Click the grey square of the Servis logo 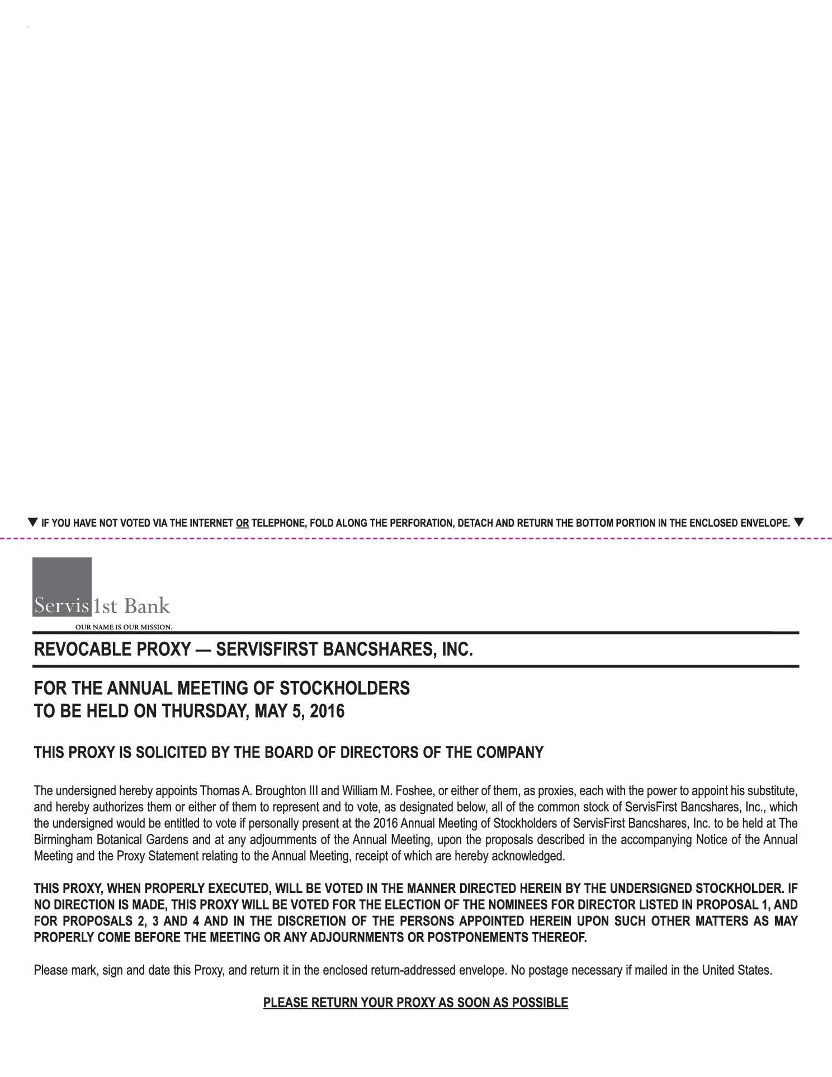click(x=62, y=579)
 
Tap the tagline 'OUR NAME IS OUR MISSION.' click(x=124, y=627)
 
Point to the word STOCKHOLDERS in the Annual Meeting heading click(x=344, y=688)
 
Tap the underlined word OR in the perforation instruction click(x=242, y=524)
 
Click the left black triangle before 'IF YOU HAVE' click(x=33, y=523)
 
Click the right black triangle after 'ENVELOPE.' click(x=798, y=523)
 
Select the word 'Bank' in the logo click(x=146, y=606)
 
